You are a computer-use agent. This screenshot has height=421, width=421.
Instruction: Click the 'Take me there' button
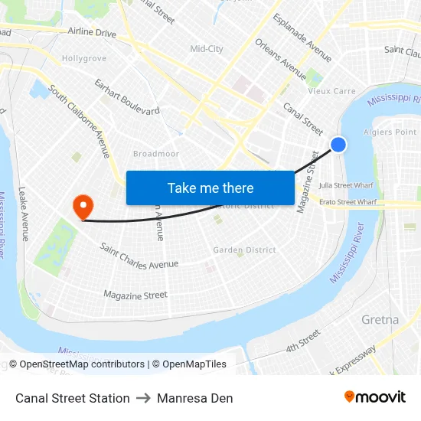click(210, 188)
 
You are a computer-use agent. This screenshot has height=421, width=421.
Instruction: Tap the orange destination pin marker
click(81, 206)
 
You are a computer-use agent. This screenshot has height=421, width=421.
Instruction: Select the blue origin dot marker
click(338, 144)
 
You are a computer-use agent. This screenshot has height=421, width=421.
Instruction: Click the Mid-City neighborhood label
click(207, 49)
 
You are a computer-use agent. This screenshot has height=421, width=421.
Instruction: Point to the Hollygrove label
click(83, 58)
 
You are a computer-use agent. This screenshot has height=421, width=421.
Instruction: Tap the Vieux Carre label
click(331, 91)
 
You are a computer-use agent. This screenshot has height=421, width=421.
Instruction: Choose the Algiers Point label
click(394, 132)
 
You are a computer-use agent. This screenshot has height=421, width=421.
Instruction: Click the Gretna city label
click(380, 319)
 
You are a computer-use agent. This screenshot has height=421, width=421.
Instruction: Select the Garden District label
click(244, 250)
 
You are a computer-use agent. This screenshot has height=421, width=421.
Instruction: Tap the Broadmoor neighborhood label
click(155, 154)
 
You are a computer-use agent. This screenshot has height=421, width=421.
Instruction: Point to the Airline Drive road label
click(92, 33)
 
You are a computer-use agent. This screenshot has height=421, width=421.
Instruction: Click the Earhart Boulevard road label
click(127, 96)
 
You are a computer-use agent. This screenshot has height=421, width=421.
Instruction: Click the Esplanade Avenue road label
click(302, 38)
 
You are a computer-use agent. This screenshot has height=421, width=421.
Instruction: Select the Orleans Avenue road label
click(281, 59)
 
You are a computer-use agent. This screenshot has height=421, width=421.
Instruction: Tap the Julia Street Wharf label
click(346, 184)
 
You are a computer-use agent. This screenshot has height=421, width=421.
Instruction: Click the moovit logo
click(374, 397)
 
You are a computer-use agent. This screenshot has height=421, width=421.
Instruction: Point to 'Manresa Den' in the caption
click(194, 398)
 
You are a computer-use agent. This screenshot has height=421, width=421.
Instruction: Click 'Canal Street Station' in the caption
click(73, 398)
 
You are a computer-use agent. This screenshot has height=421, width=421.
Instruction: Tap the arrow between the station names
click(143, 398)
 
